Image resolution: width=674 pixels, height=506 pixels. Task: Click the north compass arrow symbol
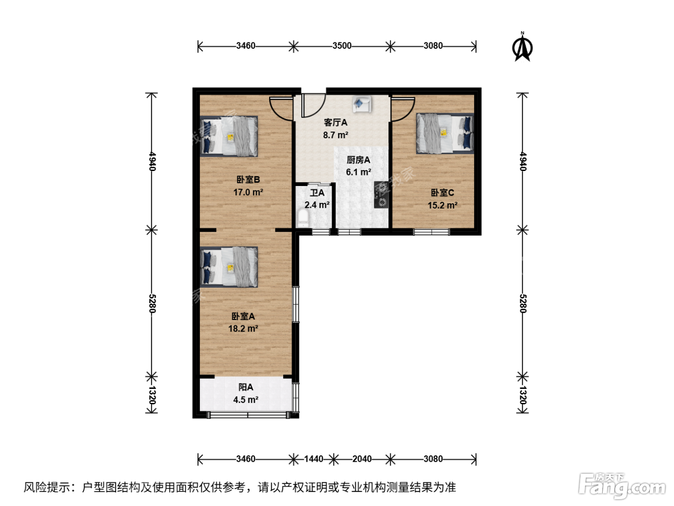coord(522,48)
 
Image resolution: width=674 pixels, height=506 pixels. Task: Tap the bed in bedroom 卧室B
coord(229,136)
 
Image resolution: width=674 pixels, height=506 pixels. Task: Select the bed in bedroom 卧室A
coord(229,267)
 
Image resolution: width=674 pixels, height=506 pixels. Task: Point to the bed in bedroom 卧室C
coord(445,133)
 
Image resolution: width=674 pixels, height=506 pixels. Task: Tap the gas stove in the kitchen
coord(381,195)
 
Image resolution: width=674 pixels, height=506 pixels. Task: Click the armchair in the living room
coord(362,104)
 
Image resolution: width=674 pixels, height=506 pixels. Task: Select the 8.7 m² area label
coord(336,135)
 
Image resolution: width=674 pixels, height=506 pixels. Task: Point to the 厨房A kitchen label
coord(358,160)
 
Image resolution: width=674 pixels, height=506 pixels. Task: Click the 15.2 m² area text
coord(442,205)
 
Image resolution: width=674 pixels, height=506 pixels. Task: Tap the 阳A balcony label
coord(246,387)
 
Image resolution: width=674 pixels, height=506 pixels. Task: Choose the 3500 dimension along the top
coord(342,46)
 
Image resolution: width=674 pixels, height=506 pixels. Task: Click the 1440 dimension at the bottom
coord(313,459)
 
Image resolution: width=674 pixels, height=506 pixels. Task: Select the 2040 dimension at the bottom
coord(362,459)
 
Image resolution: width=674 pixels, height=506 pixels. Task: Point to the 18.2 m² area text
coord(243,329)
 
